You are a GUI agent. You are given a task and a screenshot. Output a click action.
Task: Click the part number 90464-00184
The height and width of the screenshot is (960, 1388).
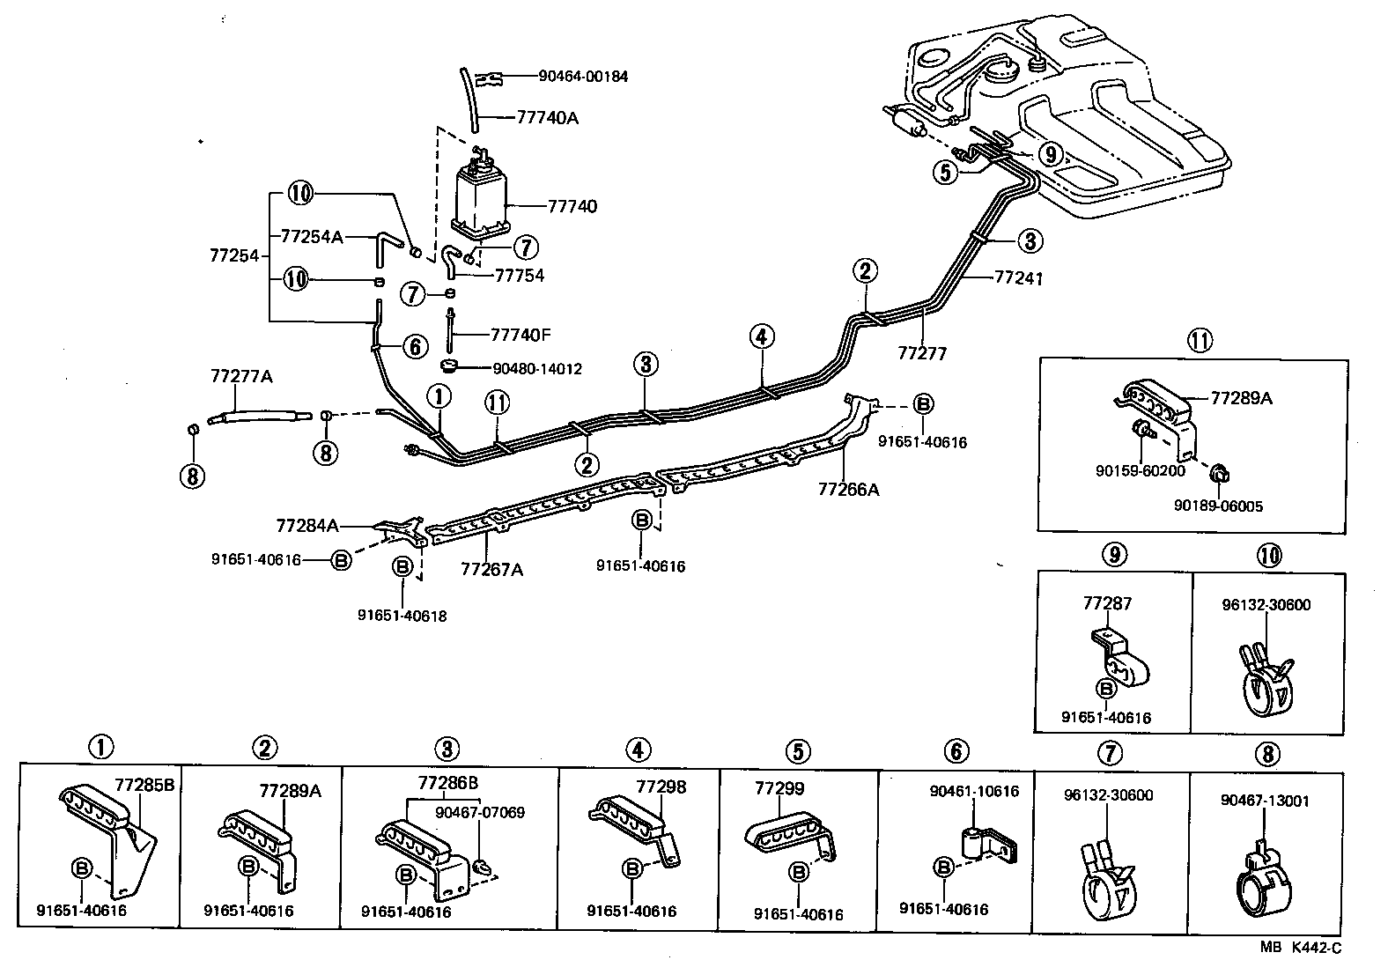tap(583, 77)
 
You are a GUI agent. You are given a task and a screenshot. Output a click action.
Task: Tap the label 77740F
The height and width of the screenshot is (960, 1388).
tap(520, 335)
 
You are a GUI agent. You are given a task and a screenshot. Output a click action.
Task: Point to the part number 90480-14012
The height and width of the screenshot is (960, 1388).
tap(537, 369)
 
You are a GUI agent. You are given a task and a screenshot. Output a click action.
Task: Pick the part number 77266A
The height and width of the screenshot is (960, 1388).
tap(848, 490)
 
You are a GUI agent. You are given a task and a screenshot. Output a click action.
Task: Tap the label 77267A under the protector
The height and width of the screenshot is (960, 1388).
tap(491, 569)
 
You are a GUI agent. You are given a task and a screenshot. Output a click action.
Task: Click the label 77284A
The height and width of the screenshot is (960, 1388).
tap(307, 526)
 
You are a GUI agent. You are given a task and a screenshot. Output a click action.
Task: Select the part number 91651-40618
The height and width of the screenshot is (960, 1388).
tap(402, 616)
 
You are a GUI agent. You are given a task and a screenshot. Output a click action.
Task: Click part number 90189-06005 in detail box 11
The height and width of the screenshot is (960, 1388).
tap(1218, 506)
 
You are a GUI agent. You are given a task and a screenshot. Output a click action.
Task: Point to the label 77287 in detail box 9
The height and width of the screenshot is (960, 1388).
tap(1107, 603)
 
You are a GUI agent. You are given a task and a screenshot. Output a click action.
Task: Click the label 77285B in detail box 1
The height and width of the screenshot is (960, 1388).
tap(144, 785)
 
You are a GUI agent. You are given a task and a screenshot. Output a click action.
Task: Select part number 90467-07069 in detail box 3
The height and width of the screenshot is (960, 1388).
tap(480, 812)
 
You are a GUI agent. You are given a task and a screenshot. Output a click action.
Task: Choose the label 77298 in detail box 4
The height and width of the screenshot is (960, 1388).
tap(661, 786)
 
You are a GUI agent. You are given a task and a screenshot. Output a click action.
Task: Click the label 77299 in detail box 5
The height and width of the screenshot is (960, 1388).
tap(779, 788)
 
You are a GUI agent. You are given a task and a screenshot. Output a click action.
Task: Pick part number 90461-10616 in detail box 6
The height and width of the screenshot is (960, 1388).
tap(974, 791)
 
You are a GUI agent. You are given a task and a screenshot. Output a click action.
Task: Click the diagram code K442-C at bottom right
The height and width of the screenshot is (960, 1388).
tap(1316, 949)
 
